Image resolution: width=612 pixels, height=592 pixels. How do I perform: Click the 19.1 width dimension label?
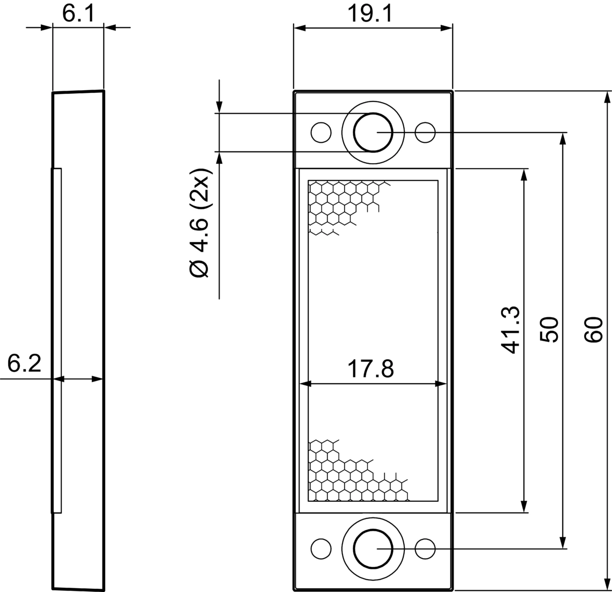[x=369, y=14]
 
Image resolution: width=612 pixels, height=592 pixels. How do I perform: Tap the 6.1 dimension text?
[x=78, y=14]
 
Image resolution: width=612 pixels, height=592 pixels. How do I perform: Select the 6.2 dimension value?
[x=24, y=364]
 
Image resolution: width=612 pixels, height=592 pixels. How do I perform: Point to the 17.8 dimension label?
[x=370, y=369]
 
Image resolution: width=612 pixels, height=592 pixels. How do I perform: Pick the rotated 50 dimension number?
[x=549, y=330]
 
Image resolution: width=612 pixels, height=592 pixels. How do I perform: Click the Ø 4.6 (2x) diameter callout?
[x=200, y=223]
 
